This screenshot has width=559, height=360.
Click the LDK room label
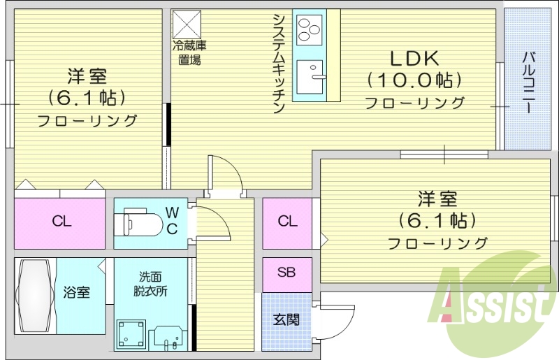coord(414,58)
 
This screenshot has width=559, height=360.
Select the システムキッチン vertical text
coord(278,62)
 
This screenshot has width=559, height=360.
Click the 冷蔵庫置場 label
coord(189,52)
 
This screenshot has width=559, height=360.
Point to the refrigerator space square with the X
coord(187,24)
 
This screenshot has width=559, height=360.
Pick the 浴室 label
coord(77,291)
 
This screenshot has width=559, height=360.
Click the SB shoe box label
coord(286,273)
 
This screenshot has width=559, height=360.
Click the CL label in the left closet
coord(61,222)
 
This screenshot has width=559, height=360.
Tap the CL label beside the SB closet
coord(287,222)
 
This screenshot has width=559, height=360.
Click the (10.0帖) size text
coord(414,80)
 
